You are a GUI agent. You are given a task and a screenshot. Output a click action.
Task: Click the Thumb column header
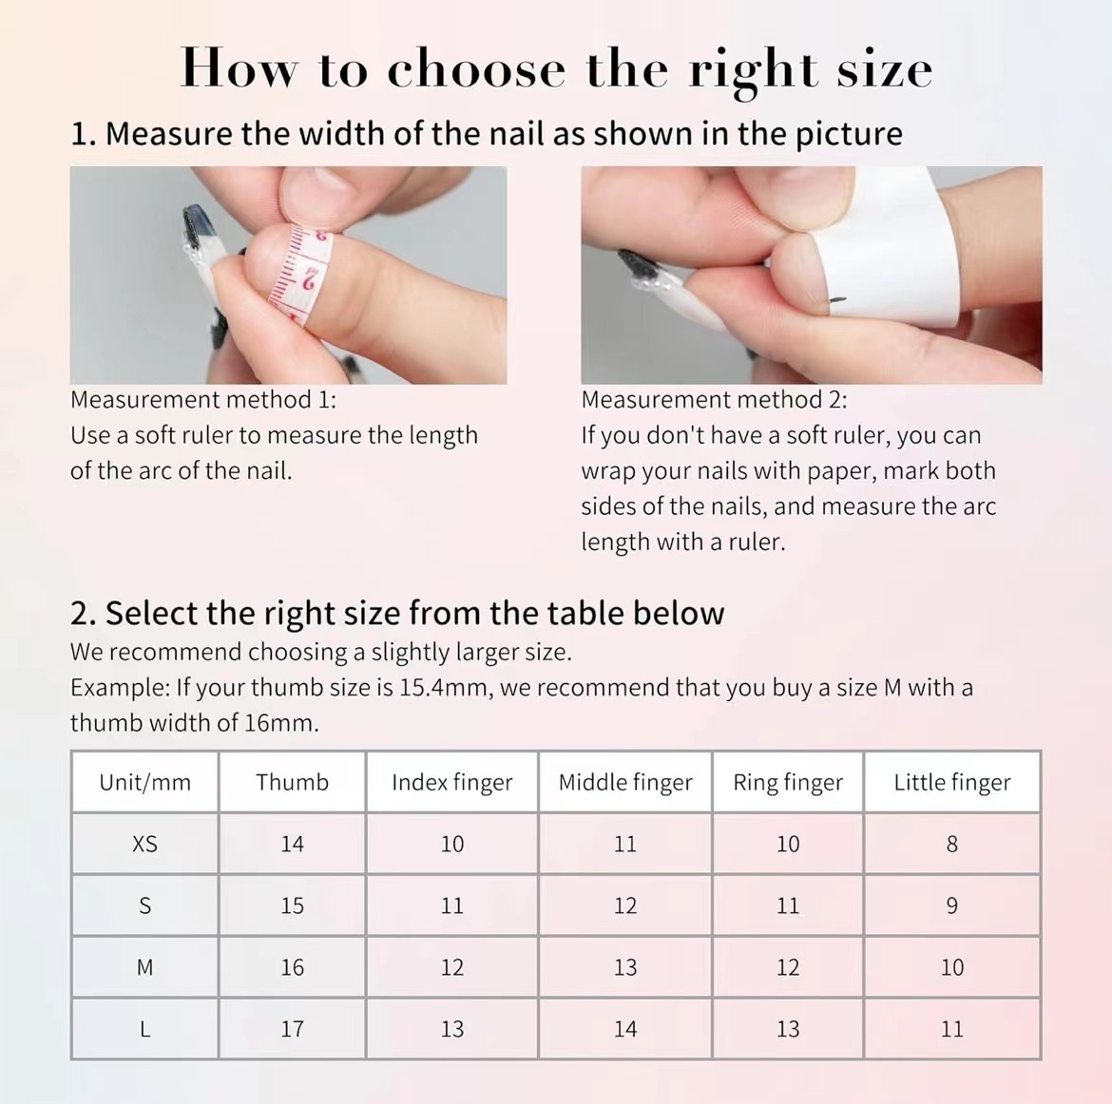coord(292,782)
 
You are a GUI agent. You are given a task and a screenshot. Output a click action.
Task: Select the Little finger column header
coord(951,782)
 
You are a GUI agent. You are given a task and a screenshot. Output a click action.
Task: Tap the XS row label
coord(144,844)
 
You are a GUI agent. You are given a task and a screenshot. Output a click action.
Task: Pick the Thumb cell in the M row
coord(292,967)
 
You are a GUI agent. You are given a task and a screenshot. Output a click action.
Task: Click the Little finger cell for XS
coord(951,844)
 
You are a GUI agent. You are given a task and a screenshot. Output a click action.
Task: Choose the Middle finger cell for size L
coord(624,1029)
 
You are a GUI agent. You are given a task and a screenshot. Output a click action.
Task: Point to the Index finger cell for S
coord(451,905)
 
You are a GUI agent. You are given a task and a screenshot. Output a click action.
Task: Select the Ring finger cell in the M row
coord(788,967)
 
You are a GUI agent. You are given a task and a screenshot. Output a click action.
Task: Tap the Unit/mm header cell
coord(144,782)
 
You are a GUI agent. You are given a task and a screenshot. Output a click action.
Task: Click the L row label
coord(144,1029)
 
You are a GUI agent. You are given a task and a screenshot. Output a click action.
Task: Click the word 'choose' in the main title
coord(476,68)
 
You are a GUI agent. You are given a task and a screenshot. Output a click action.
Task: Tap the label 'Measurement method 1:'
coord(203,400)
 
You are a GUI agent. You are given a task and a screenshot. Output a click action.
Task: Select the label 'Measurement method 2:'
coord(714,400)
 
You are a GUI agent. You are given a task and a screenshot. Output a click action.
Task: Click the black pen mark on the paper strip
coord(836,302)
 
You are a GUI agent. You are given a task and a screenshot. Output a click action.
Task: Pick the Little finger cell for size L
coord(951,1029)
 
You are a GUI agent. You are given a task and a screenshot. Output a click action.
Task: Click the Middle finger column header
coord(624,782)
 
